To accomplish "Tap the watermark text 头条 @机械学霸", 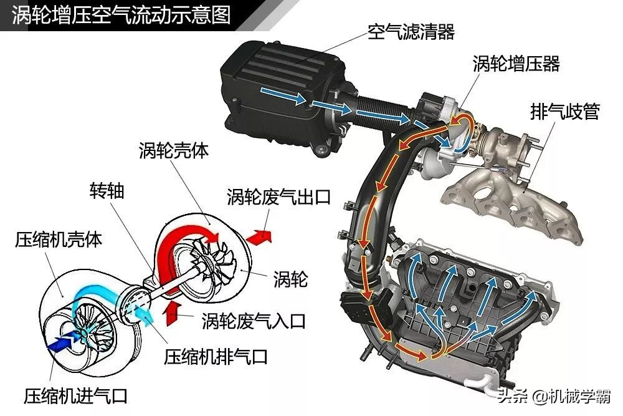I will point(554,396).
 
